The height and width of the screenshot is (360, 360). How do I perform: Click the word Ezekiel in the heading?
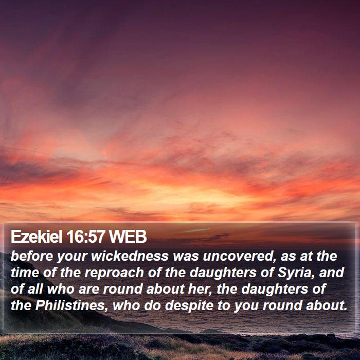coord(37,237)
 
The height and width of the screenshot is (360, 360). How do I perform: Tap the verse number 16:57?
coord(86,237)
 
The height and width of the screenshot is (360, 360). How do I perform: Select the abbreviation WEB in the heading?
coord(128,237)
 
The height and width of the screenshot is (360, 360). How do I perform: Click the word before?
coord(32,256)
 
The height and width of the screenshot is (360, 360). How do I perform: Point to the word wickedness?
coord(130,256)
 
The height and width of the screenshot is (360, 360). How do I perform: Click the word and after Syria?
coord(332,272)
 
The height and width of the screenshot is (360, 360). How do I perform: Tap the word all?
coord(35,289)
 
